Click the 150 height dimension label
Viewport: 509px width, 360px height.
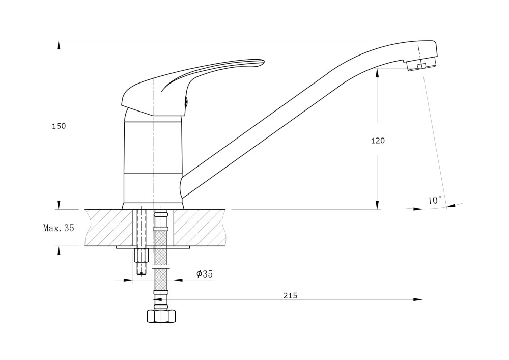[x=59, y=126]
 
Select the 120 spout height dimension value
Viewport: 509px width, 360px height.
[x=378, y=141]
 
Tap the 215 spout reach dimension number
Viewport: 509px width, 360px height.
[x=290, y=296]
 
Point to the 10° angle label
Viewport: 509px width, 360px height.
[x=435, y=200]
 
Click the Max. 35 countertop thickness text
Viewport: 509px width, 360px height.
[x=59, y=228]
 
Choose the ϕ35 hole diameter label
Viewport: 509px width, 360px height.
[x=205, y=274]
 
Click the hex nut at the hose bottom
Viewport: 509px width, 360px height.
[x=161, y=316]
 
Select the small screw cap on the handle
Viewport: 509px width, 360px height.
[x=186, y=102]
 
